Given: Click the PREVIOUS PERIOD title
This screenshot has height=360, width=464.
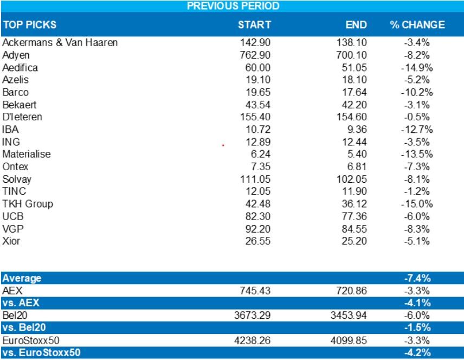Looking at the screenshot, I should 233,6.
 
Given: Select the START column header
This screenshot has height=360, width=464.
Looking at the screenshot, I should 254,25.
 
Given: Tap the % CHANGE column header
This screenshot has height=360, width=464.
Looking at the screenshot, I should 417,25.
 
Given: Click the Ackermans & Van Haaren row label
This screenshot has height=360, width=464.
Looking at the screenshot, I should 60,42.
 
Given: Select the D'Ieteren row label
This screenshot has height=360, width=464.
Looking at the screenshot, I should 22,117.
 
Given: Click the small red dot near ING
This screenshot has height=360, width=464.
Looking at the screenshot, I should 223,145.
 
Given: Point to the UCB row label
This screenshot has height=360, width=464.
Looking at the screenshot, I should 13,216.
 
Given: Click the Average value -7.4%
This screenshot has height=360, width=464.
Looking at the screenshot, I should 417,278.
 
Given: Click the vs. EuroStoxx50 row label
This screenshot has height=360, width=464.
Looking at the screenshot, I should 41,353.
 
